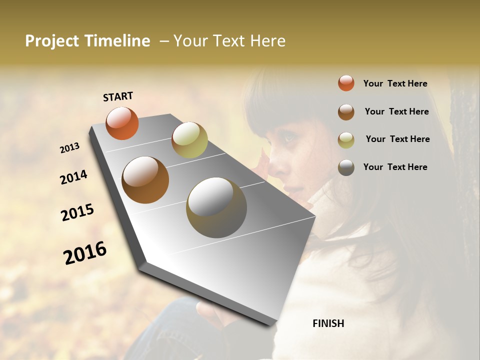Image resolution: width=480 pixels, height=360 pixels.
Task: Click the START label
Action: point(118,96)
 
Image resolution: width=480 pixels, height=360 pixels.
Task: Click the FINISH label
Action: point(328,323)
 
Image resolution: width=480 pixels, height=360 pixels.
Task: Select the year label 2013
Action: point(69,148)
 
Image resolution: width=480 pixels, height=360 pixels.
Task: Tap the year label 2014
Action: point(73,177)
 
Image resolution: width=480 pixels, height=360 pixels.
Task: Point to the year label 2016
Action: point(85,253)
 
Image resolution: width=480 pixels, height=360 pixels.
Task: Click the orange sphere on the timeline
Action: point(122,123)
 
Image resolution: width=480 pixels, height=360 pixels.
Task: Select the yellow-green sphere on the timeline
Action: point(189,140)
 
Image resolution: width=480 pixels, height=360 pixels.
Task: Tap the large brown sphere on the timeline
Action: point(145,179)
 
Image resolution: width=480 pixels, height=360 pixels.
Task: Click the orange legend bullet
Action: point(346,83)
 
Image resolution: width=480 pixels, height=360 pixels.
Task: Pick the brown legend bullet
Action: point(346,112)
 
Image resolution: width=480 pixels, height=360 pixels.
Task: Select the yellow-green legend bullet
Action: point(346,140)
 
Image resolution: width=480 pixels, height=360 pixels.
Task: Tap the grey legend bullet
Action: point(346,167)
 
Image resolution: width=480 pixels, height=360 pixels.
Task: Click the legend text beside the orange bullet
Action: point(395,83)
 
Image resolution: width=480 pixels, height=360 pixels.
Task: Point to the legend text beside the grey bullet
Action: point(395,167)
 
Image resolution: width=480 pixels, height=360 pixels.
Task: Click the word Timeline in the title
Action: point(117,41)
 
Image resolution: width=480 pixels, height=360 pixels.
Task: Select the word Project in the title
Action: point(51,41)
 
